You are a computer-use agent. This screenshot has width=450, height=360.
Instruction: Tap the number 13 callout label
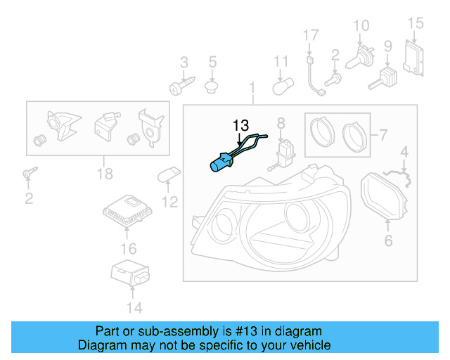241,124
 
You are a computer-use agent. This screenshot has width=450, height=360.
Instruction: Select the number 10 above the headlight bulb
361,26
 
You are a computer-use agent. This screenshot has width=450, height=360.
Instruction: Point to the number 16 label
128,247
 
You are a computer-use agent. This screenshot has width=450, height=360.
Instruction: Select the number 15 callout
417,24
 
